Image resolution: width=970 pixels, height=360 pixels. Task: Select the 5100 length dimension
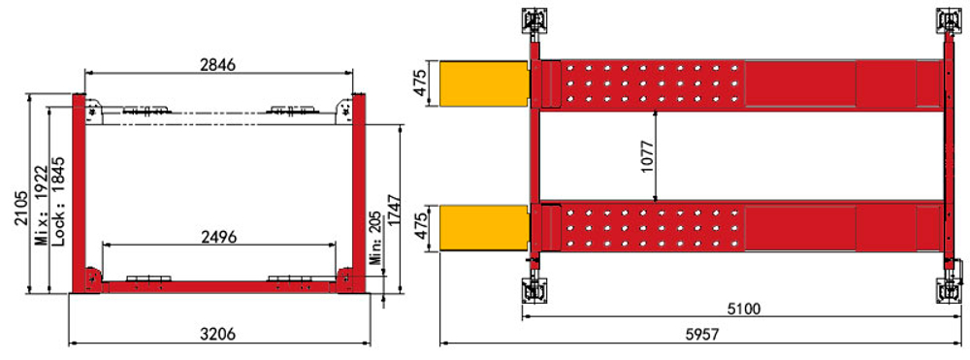tap(744, 310)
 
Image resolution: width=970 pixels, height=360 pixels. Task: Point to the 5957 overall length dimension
tap(700, 333)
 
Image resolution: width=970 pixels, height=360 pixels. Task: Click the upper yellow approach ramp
tap(484, 82)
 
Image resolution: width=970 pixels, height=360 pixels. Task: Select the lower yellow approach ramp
tap(484, 226)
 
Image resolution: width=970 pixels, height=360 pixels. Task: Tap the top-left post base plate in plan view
tap(532, 18)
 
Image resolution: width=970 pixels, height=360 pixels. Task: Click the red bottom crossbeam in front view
tap(218, 286)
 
